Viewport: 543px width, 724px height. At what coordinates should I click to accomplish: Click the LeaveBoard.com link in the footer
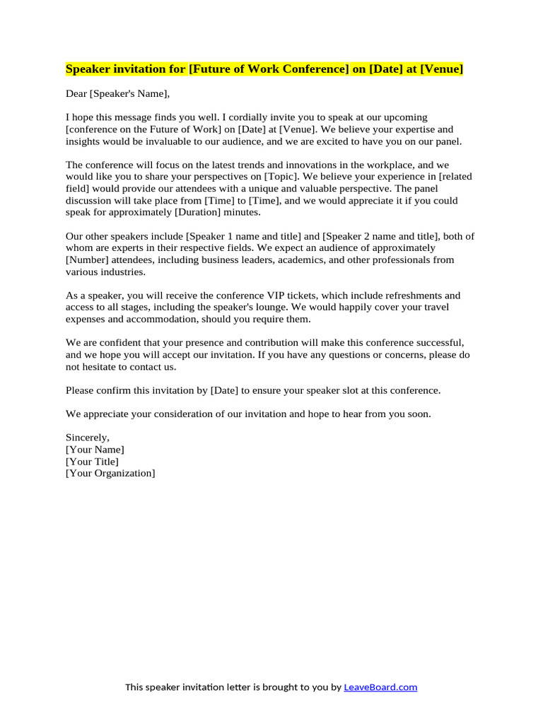click(380, 687)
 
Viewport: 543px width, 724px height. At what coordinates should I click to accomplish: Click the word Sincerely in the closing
click(88, 438)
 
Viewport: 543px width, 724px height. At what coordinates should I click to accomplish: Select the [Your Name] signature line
click(95, 450)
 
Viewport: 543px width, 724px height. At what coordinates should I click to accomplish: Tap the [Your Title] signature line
click(92, 462)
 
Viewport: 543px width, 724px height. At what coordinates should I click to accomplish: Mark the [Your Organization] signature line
click(110, 473)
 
